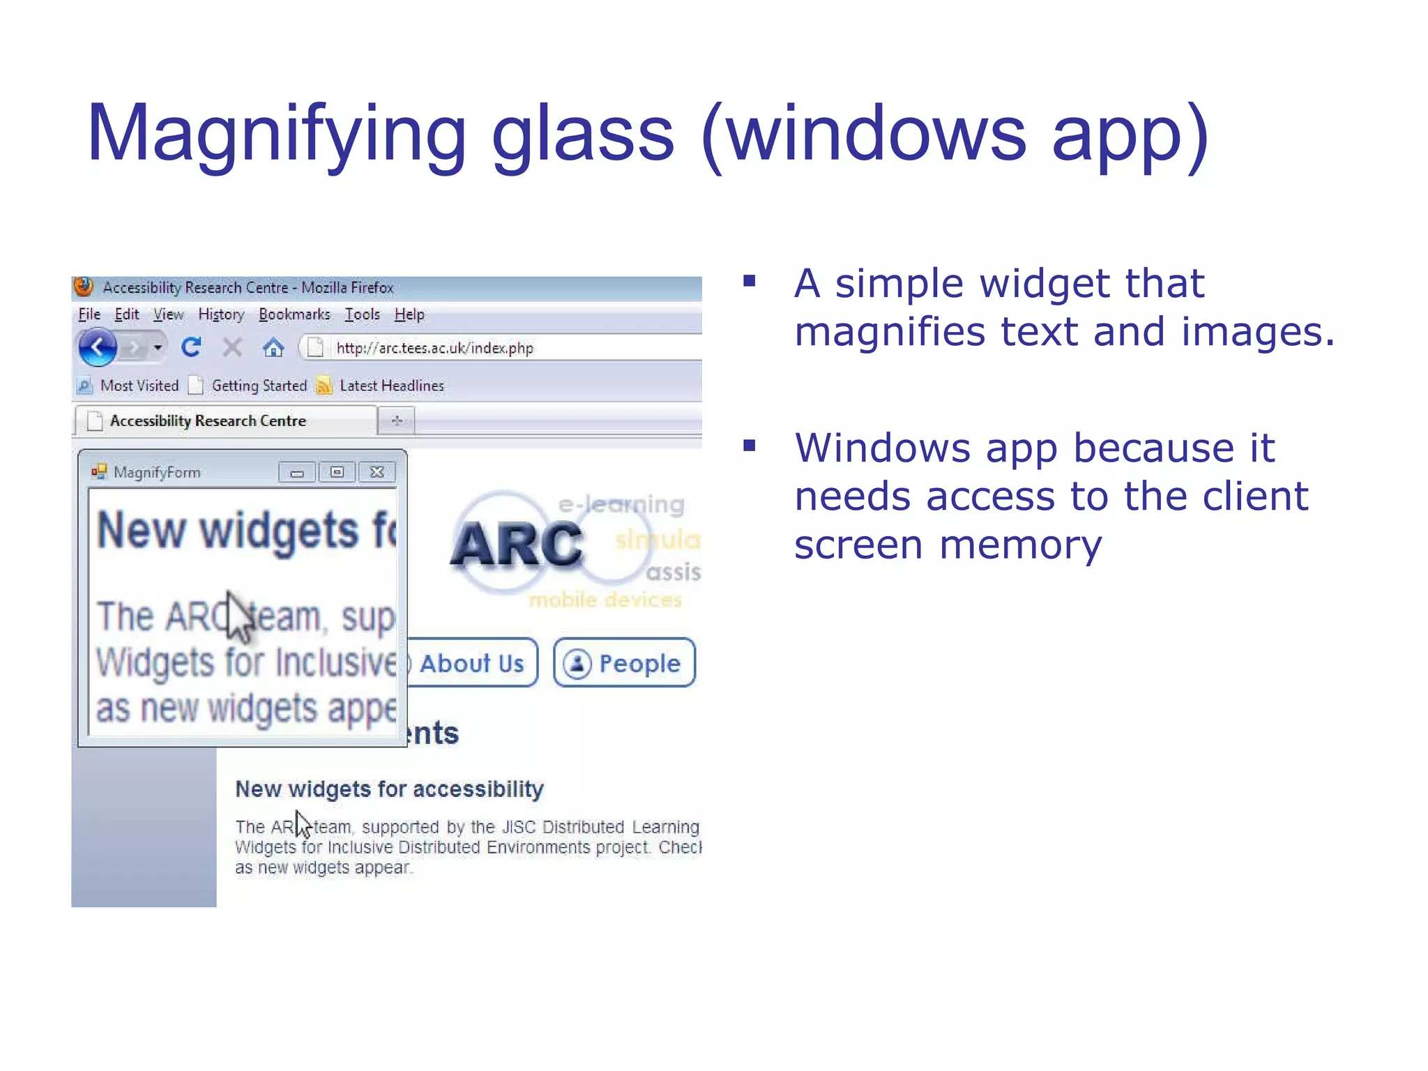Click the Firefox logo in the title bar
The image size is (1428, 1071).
84,287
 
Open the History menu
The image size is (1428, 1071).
221,314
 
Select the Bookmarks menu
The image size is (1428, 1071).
294,314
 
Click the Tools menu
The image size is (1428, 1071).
362,314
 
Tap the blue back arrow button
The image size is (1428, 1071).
98,347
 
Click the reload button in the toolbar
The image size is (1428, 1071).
191,347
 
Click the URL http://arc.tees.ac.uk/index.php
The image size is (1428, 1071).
434,348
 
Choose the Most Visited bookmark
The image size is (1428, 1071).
139,386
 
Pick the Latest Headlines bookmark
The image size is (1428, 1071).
391,386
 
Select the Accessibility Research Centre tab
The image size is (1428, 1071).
208,421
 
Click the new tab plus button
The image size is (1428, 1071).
397,420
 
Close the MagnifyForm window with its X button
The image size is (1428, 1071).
377,473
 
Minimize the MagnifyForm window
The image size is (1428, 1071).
297,473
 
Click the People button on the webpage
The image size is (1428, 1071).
624,663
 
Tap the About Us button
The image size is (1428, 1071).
471,663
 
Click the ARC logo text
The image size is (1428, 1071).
516,545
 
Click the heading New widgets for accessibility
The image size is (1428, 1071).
389,789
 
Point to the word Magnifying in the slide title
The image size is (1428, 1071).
276,133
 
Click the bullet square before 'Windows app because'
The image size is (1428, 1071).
750,446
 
